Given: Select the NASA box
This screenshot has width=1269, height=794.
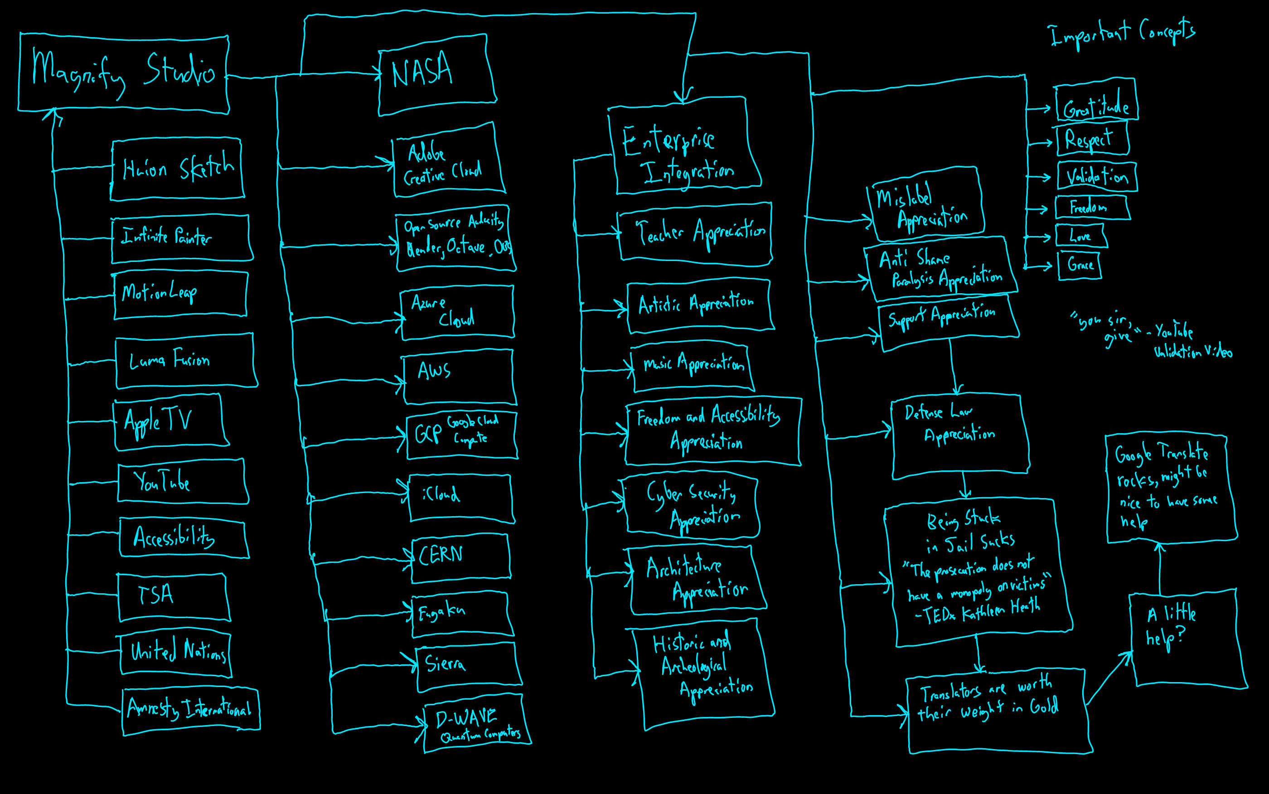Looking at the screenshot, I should (437, 76).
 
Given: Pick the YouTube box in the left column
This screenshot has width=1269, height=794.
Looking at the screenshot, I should (182, 482).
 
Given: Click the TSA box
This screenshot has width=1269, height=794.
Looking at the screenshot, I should (173, 597).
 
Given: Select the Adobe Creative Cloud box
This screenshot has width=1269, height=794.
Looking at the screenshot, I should (447, 162).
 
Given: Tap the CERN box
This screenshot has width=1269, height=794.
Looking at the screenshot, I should (460, 558).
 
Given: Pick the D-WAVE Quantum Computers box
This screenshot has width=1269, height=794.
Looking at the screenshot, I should (476, 724).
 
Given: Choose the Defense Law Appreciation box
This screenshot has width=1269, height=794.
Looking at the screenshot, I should (960, 436).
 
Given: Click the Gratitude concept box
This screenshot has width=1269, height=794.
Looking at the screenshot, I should (1096, 102).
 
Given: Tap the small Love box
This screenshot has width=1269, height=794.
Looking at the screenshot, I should (1080, 236).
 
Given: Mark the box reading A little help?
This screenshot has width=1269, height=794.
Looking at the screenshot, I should (1187, 638).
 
